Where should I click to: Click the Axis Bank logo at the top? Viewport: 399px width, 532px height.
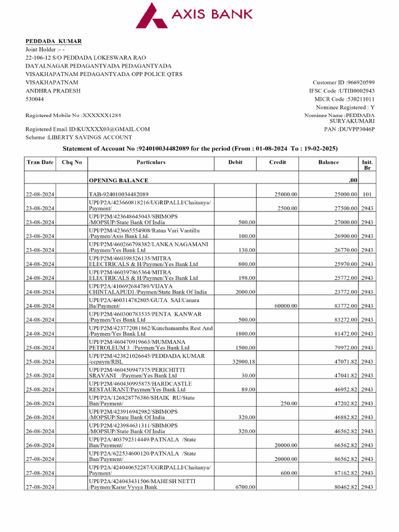(195, 16)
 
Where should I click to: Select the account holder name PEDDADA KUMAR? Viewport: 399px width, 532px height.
(54, 41)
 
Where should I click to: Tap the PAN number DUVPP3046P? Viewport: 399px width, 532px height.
(356, 129)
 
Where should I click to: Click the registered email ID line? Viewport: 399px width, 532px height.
(88, 129)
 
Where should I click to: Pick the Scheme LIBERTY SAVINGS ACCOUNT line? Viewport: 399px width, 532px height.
(78, 137)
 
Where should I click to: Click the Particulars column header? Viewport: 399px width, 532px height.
(151, 162)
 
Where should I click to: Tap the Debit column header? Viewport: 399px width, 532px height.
(235, 162)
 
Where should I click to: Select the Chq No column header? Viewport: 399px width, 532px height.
(71, 162)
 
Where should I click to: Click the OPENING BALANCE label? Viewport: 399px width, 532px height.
(118, 180)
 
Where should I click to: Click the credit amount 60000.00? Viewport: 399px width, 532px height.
(286, 306)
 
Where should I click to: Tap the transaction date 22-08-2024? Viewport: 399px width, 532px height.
(40, 194)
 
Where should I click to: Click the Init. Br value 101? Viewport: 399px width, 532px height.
(367, 194)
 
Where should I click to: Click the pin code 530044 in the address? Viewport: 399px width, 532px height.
(35, 99)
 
